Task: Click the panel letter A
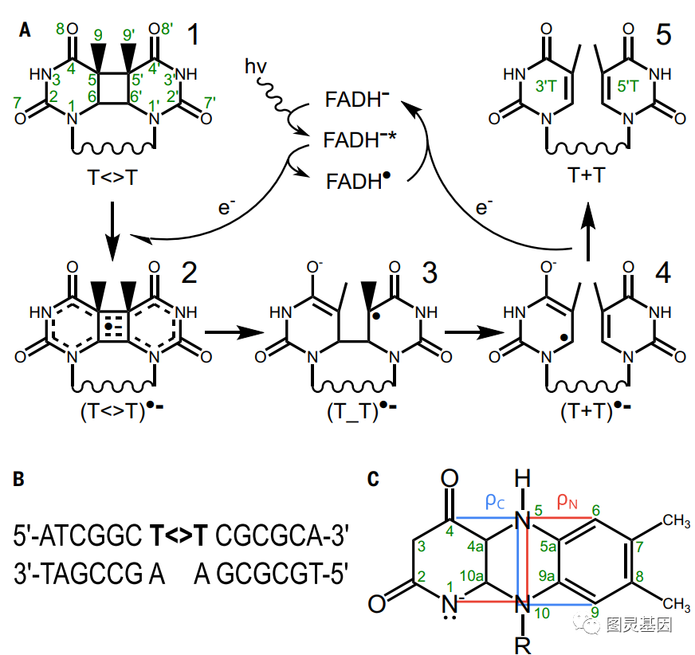(25, 30)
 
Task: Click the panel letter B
(18, 479)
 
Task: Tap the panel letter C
(373, 479)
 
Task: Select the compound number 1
(193, 34)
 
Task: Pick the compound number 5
(663, 34)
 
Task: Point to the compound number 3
(430, 273)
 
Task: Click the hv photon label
(256, 66)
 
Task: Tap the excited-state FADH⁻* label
(360, 139)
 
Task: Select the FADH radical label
(358, 181)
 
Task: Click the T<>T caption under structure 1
(112, 178)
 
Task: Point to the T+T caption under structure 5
(587, 175)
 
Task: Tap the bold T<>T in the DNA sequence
(179, 535)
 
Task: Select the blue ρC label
(495, 501)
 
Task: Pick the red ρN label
(567, 501)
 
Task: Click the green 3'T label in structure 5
(546, 85)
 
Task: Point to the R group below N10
(523, 645)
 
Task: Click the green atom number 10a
(472, 575)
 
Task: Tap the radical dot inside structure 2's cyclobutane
(108, 327)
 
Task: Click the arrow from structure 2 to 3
(234, 332)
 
